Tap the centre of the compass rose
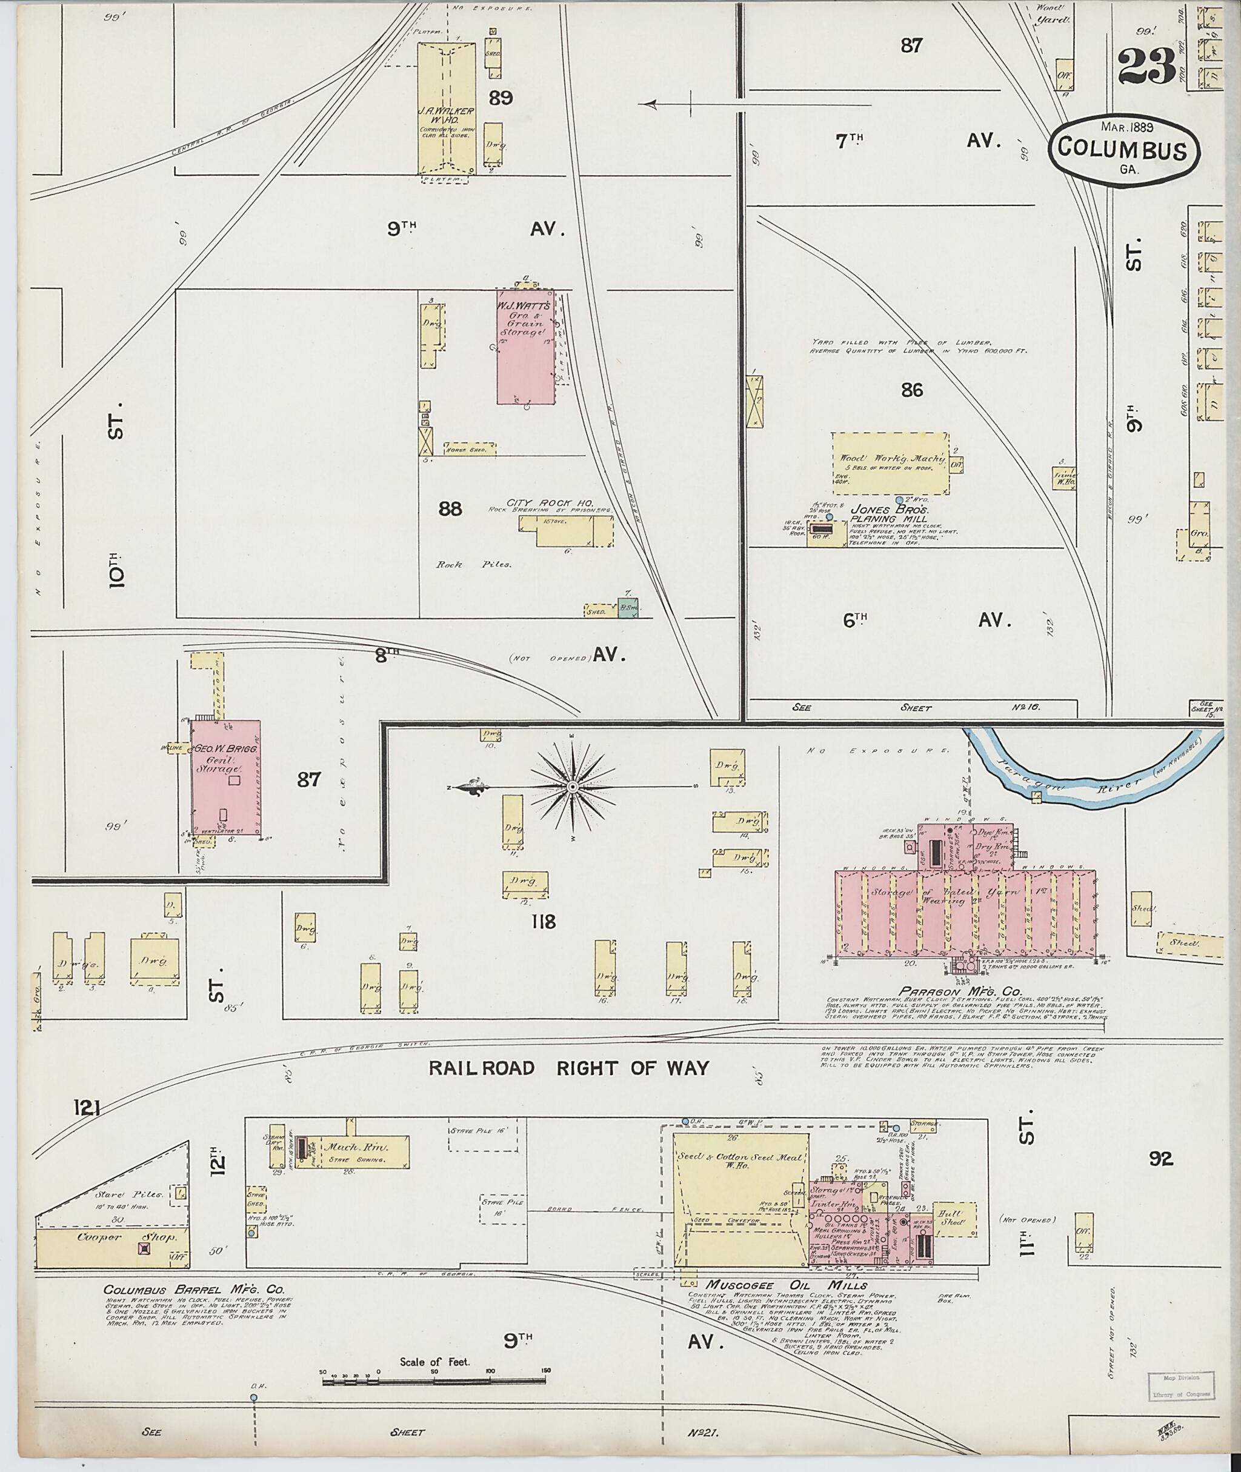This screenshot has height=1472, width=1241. coord(572,787)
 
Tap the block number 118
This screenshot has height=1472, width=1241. coord(544,921)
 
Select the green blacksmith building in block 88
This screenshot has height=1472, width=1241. coord(627,607)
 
